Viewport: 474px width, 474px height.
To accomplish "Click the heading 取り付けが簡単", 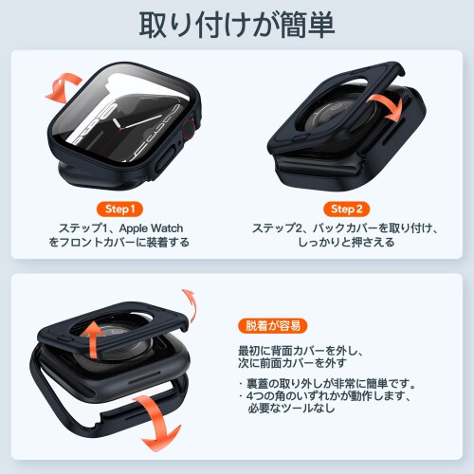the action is coord(237,25).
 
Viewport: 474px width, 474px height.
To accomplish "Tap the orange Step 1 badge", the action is coord(119,209).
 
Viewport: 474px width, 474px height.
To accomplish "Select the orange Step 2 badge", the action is coord(346,209).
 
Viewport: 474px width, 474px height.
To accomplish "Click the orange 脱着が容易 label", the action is coord(272,325).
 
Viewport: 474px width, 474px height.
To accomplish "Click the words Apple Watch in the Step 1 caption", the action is coord(151,228).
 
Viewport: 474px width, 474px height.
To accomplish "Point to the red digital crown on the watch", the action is coord(189,129).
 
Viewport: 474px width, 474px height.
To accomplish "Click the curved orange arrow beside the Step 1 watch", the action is coord(64,88).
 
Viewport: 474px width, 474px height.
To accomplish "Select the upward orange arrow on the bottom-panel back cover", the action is coord(92,340).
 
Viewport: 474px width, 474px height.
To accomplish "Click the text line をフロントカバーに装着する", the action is coord(119,243).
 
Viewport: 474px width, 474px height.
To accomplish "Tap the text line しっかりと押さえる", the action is coord(346,243).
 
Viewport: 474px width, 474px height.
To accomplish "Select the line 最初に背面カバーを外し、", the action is coord(301,351).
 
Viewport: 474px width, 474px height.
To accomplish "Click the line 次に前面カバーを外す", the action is coord(292,363).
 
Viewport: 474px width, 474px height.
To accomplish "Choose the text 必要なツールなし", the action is coord(291,408).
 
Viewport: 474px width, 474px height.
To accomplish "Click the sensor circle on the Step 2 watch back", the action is coord(338,114).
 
